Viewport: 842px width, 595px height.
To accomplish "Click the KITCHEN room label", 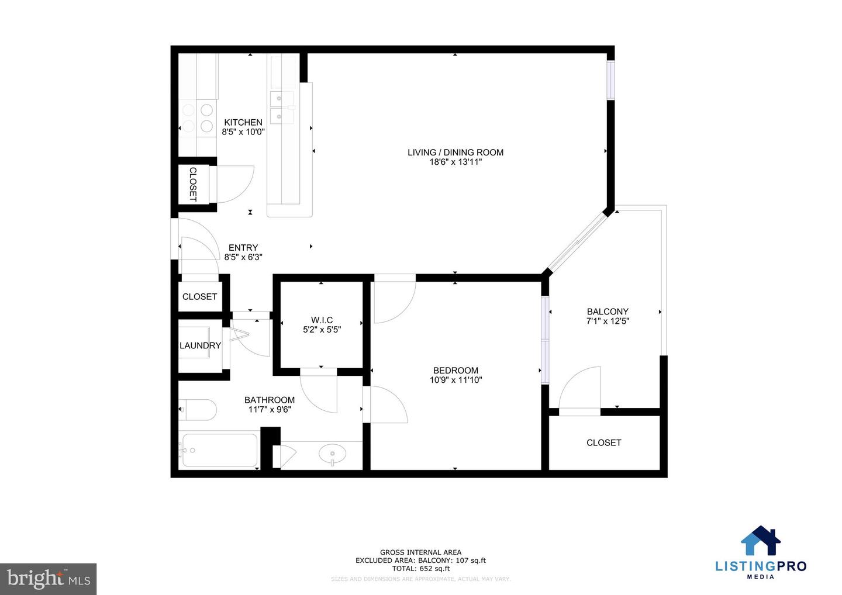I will click(243, 122).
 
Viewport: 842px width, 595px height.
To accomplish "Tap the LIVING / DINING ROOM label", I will click(455, 153).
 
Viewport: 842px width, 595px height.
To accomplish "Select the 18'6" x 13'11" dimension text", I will click(455, 162).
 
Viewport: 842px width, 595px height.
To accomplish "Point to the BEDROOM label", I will click(455, 370).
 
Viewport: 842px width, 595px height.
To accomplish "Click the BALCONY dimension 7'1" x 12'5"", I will click(608, 321).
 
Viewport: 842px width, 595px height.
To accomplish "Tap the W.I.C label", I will click(322, 320).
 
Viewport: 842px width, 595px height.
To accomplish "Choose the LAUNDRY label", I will click(200, 345).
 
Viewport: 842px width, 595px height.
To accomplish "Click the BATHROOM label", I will click(269, 400).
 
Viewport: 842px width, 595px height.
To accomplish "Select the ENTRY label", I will click(243, 247).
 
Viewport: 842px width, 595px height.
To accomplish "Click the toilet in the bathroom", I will click(198, 410).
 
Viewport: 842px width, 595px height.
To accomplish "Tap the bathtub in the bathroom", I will click(219, 450).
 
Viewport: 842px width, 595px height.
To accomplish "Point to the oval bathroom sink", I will click(332, 453).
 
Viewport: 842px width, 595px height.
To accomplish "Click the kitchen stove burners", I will click(198, 117).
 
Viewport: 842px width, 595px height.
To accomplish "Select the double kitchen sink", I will click(282, 108).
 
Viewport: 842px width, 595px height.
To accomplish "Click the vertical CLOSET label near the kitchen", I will click(192, 184).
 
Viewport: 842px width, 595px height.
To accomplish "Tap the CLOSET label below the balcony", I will click(603, 442).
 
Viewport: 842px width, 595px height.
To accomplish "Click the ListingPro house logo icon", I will click(761, 541).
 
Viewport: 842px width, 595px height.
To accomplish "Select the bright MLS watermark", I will click(49, 579).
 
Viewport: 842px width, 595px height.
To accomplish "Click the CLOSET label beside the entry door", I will click(199, 296).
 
